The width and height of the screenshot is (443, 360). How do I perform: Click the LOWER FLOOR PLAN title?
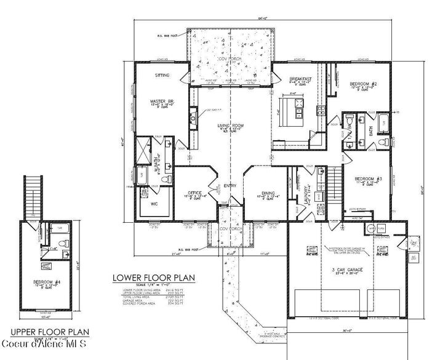[x=148, y=276]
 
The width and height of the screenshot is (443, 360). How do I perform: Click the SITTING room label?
[x=162, y=74]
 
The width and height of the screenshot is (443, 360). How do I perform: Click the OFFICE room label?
[x=194, y=193]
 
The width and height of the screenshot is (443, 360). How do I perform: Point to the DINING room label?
[x=268, y=193]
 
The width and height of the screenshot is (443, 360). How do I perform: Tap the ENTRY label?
[x=230, y=186]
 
